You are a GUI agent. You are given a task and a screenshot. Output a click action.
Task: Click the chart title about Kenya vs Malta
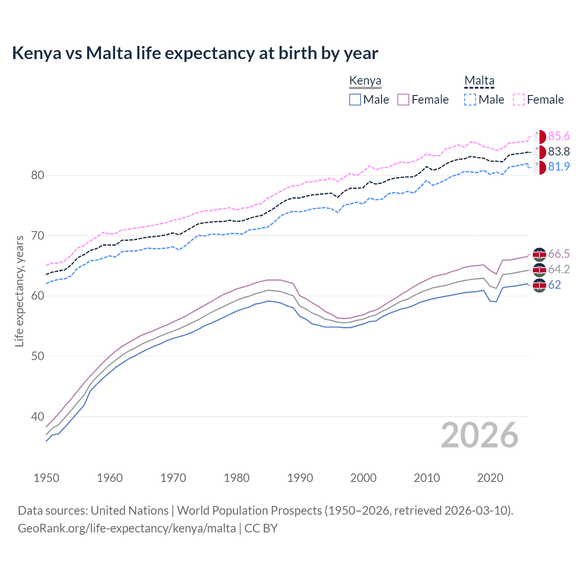(x=195, y=53)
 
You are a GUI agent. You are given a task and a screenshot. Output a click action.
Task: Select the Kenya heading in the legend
(x=365, y=80)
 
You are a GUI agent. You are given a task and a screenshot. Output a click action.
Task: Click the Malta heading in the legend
(x=479, y=80)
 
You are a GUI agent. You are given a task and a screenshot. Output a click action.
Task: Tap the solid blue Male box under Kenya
(x=355, y=100)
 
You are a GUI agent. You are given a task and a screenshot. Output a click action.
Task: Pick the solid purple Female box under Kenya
(x=403, y=100)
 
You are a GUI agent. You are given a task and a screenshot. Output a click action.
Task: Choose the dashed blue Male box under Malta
(x=470, y=100)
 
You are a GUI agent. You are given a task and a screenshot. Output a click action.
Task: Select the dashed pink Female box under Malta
(x=519, y=100)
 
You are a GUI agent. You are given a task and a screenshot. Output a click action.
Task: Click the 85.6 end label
(x=559, y=136)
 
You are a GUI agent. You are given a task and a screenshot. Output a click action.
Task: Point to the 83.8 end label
(x=559, y=151)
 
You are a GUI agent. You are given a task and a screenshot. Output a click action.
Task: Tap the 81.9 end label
(x=559, y=166)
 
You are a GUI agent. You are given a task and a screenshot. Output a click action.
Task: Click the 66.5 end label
(x=559, y=254)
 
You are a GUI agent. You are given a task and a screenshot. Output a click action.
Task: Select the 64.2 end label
(x=559, y=269)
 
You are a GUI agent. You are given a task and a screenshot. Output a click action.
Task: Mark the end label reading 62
(x=554, y=285)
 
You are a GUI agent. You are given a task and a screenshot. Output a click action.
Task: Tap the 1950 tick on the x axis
(x=46, y=478)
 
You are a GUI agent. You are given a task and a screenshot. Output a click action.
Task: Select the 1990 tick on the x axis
(x=300, y=478)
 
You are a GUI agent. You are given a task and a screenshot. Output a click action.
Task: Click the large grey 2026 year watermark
(x=479, y=435)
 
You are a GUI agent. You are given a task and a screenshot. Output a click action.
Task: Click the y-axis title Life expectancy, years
(x=19, y=291)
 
